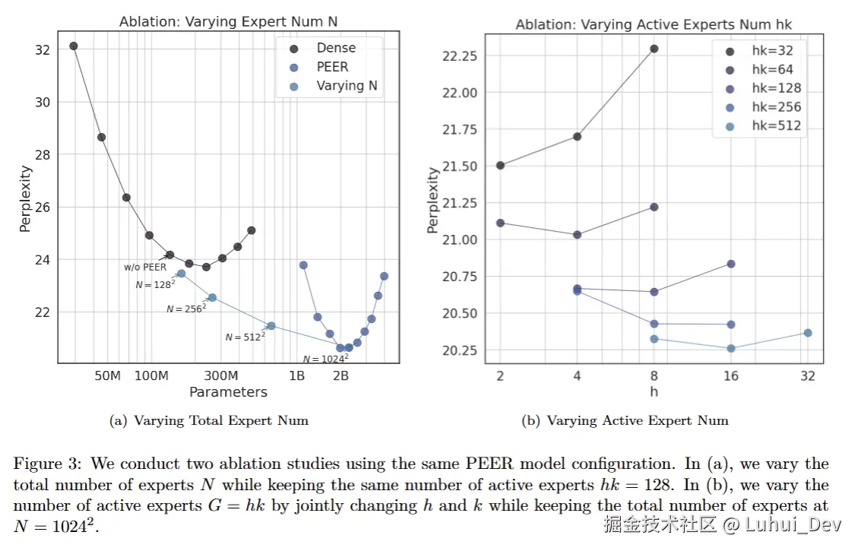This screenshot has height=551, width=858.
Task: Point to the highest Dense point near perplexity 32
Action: click(74, 46)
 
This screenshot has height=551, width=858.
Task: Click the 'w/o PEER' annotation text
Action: click(144, 267)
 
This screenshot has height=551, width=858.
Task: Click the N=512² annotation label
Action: click(245, 337)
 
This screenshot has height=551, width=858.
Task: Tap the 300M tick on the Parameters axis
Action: click(221, 376)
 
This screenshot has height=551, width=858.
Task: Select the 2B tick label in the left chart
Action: click(340, 376)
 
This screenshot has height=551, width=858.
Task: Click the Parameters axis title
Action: click(228, 392)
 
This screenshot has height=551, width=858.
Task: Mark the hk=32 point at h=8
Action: click(654, 49)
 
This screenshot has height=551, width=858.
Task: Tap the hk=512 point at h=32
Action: click(808, 333)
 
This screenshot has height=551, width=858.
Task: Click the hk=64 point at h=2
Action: click(500, 223)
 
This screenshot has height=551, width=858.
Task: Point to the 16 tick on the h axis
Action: click(730, 376)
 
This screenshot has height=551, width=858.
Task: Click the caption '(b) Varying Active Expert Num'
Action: click(625, 420)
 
